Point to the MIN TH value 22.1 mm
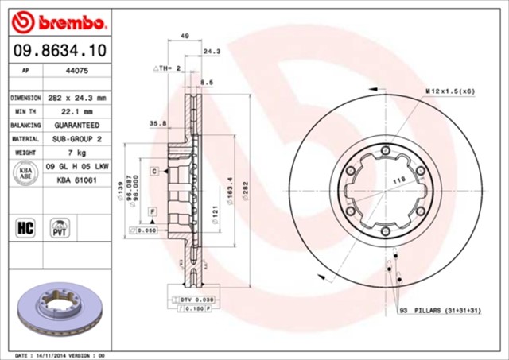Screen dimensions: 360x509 [76, 111]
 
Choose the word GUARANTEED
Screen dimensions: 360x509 [77, 126]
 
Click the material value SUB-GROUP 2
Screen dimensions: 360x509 [77, 139]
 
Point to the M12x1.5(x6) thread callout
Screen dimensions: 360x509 [449, 91]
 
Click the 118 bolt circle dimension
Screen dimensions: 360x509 [398, 181]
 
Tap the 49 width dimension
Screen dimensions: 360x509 [185, 37]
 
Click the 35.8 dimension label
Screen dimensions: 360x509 [157, 123]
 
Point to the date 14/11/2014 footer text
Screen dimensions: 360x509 [57, 355]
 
